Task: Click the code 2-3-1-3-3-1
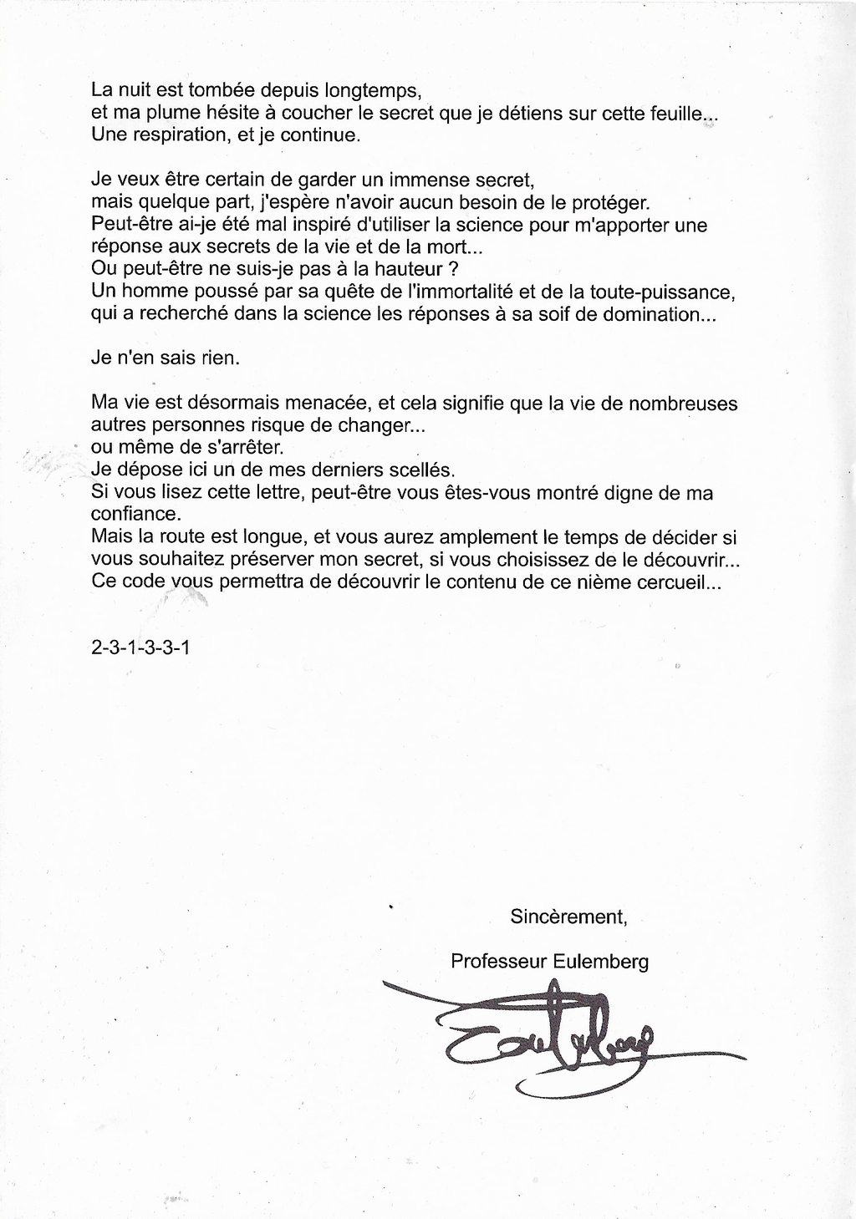[140, 646]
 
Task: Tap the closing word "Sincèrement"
[568, 917]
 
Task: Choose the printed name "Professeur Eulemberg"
[549, 961]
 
